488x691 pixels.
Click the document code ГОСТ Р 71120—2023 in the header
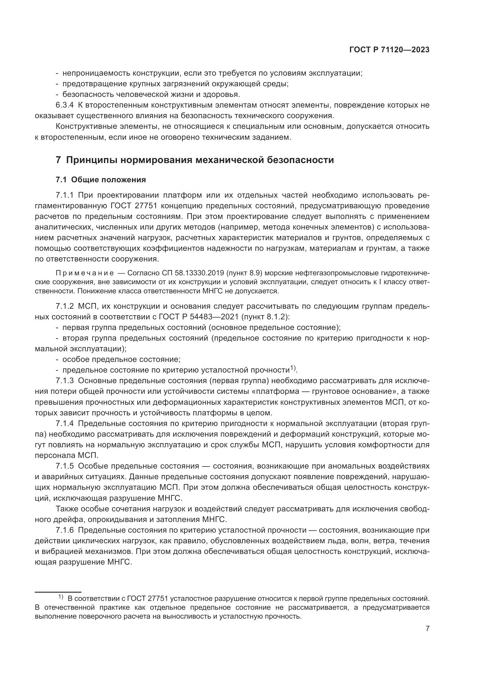[389, 50]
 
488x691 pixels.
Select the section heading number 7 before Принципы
[58, 160]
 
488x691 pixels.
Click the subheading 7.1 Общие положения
[101, 180]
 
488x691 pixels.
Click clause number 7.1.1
[64, 195]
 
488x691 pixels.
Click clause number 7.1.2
[64, 306]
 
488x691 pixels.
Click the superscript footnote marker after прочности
[293, 368]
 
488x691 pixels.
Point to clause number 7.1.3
[64, 381]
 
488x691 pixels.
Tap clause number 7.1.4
[64, 423]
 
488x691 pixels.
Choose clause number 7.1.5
[64, 466]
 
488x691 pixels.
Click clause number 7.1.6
[64, 530]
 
